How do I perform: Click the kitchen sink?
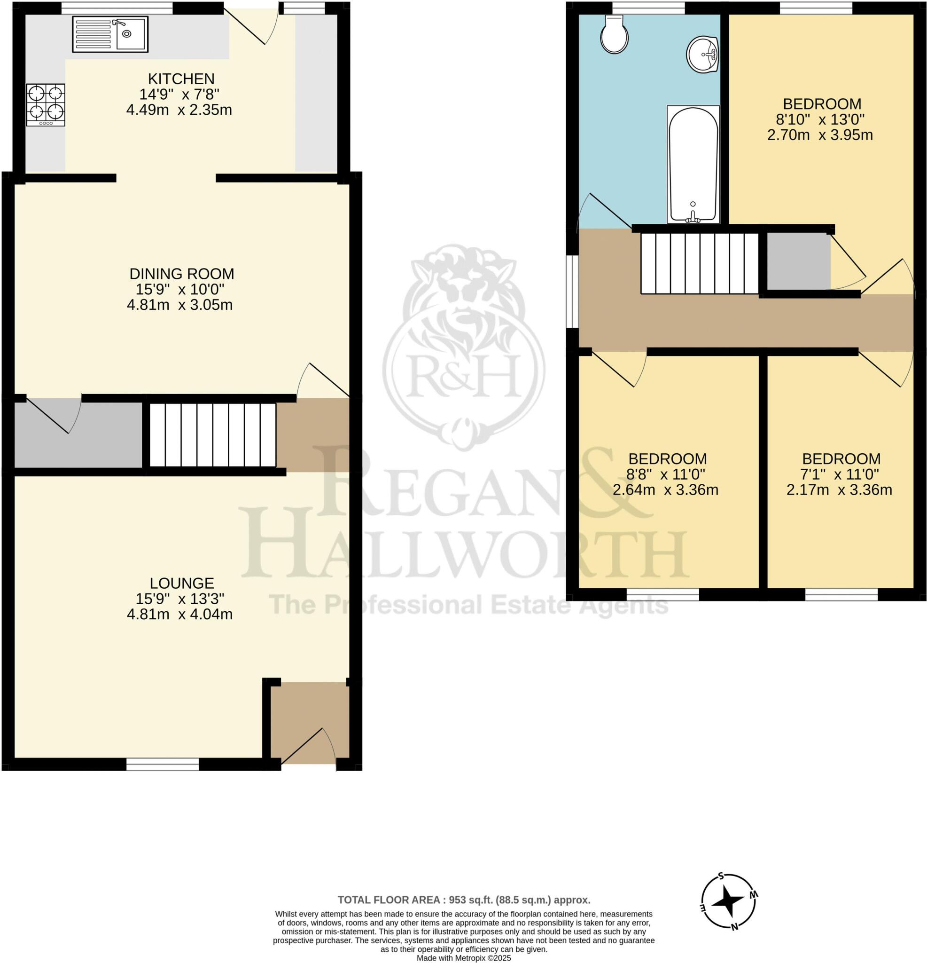tap(110, 34)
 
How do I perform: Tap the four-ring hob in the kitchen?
tap(46, 105)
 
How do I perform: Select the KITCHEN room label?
tap(181, 79)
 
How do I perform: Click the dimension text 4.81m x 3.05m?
tap(179, 305)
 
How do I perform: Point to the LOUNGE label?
tap(182, 583)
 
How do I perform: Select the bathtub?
tap(693, 165)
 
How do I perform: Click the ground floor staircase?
tap(212, 435)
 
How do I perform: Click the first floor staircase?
tap(700, 263)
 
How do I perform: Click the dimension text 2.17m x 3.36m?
tap(839, 490)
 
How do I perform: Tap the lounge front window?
tap(163, 764)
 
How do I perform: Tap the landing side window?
tap(572, 291)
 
